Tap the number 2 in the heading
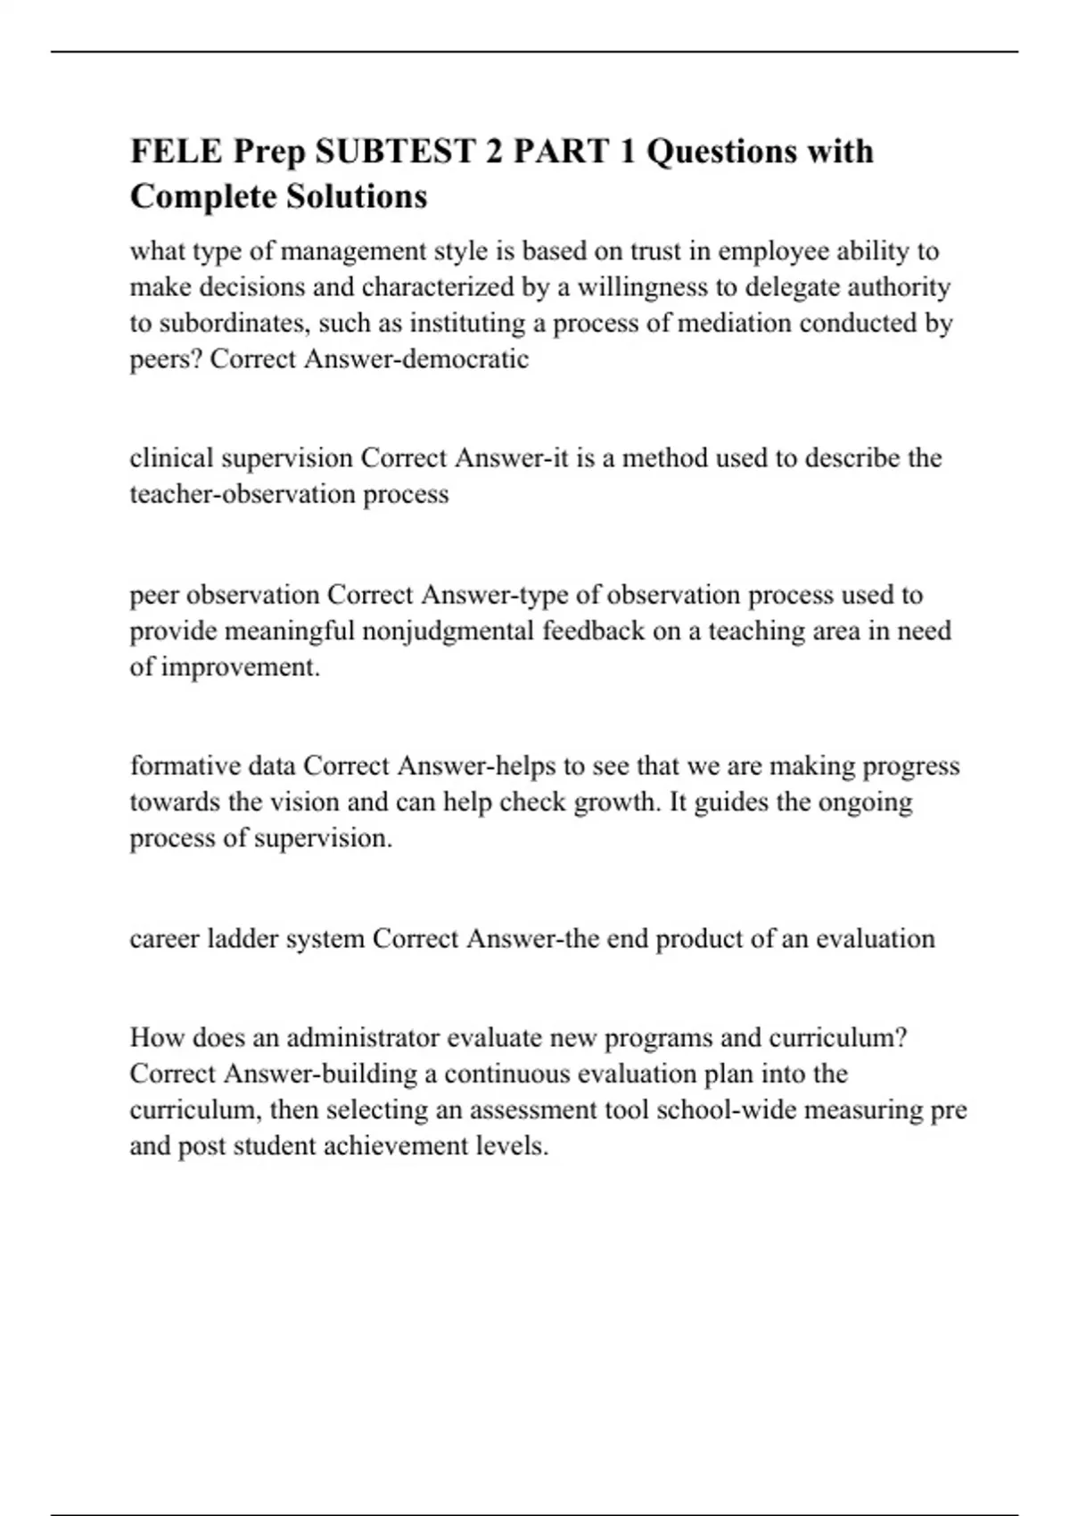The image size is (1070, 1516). [x=493, y=152]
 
